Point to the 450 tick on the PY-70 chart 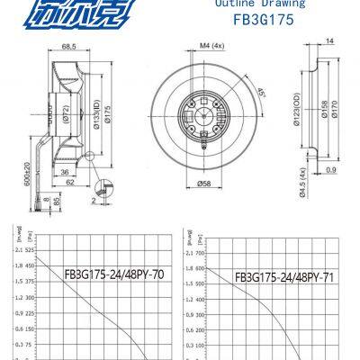coord(31,266)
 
